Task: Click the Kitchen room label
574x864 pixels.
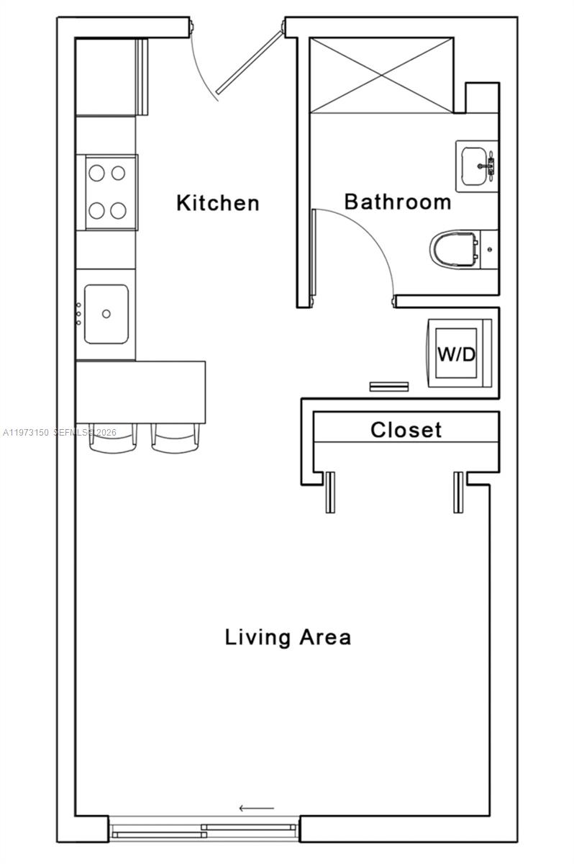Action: [218, 203]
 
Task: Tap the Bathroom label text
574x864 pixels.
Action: [397, 202]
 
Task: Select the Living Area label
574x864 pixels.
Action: [288, 637]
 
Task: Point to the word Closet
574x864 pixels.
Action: [406, 431]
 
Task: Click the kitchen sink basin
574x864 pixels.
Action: [106, 314]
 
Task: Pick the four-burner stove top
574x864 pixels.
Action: [106, 192]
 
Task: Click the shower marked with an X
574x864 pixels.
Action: [381, 75]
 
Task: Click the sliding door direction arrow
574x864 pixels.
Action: [257, 808]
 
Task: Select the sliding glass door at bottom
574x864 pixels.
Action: [205, 829]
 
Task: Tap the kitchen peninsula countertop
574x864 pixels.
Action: [141, 392]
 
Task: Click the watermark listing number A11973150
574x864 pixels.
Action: [26, 433]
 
